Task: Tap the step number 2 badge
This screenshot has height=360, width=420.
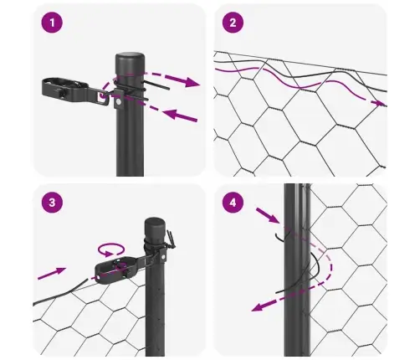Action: coord(233,23)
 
